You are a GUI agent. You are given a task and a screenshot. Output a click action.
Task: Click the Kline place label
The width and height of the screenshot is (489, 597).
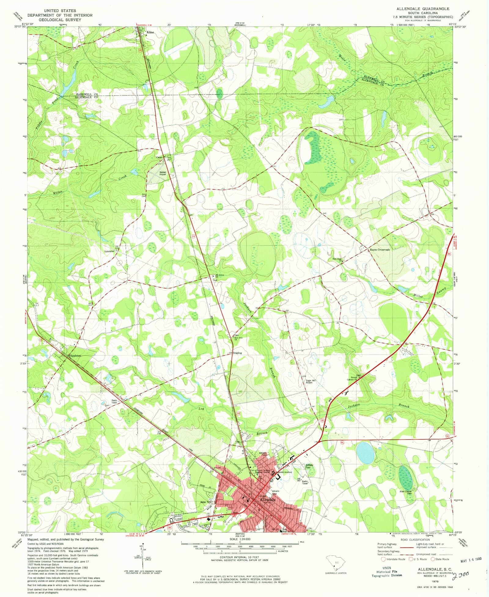(150, 32)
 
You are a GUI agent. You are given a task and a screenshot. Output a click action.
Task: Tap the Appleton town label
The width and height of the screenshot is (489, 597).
(75, 356)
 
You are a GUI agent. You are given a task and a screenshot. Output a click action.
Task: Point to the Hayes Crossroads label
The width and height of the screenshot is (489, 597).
(380, 250)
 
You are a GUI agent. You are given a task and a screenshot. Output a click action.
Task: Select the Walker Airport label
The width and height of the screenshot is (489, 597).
(162, 173)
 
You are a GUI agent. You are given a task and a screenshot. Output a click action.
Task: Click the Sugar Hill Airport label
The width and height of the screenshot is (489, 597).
(311, 381)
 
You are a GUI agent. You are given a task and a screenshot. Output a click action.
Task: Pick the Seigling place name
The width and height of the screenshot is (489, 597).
(237, 353)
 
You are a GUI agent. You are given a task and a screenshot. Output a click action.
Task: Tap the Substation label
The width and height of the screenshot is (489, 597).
(109, 251)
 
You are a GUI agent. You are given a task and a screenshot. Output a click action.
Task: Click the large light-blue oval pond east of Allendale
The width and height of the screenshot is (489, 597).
(366, 452)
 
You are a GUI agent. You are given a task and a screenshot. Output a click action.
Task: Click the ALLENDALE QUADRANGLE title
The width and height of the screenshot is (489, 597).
(423, 9)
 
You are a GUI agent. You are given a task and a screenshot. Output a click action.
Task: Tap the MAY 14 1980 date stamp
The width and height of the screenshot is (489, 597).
(471, 558)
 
